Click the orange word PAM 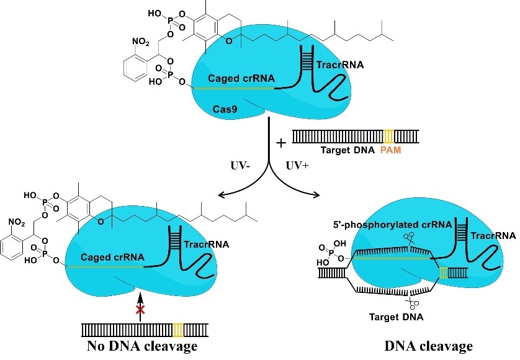(x=391, y=150)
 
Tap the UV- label (x=240, y=165)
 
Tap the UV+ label (x=297, y=165)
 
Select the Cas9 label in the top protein (x=225, y=109)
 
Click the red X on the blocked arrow (x=140, y=310)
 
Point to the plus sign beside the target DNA (x=281, y=143)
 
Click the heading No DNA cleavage (x=142, y=346)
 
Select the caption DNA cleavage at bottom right (x=428, y=346)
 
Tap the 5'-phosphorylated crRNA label (x=392, y=225)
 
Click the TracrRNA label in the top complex (x=340, y=65)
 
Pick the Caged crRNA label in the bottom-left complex (x=112, y=257)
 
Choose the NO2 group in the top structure (x=141, y=42)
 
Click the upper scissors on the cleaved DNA (x=409, y=239)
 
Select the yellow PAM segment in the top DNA (x=388, y=137)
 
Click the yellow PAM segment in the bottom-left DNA (x=178, y=330)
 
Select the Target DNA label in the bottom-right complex (x=397, y=317)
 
